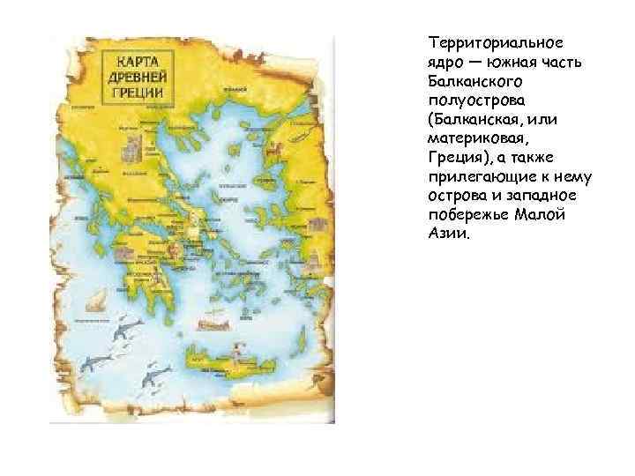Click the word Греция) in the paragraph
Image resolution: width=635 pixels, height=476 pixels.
[x=459, y=158]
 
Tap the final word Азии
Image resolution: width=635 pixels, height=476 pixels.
[x=450, y=235]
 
